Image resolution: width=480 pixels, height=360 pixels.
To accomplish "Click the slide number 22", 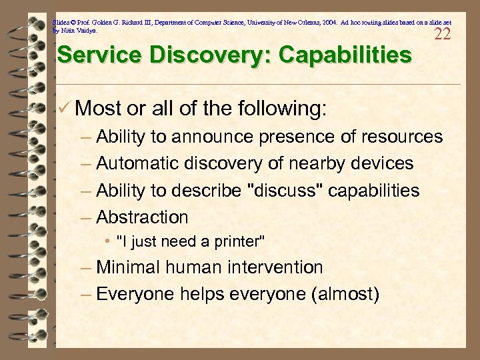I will point(443,34).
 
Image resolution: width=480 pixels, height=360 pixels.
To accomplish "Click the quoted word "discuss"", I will point(284,191).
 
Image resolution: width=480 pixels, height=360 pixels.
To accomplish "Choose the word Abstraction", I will point(142,217).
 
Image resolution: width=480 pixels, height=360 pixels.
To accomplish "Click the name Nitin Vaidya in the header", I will point(79,31).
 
